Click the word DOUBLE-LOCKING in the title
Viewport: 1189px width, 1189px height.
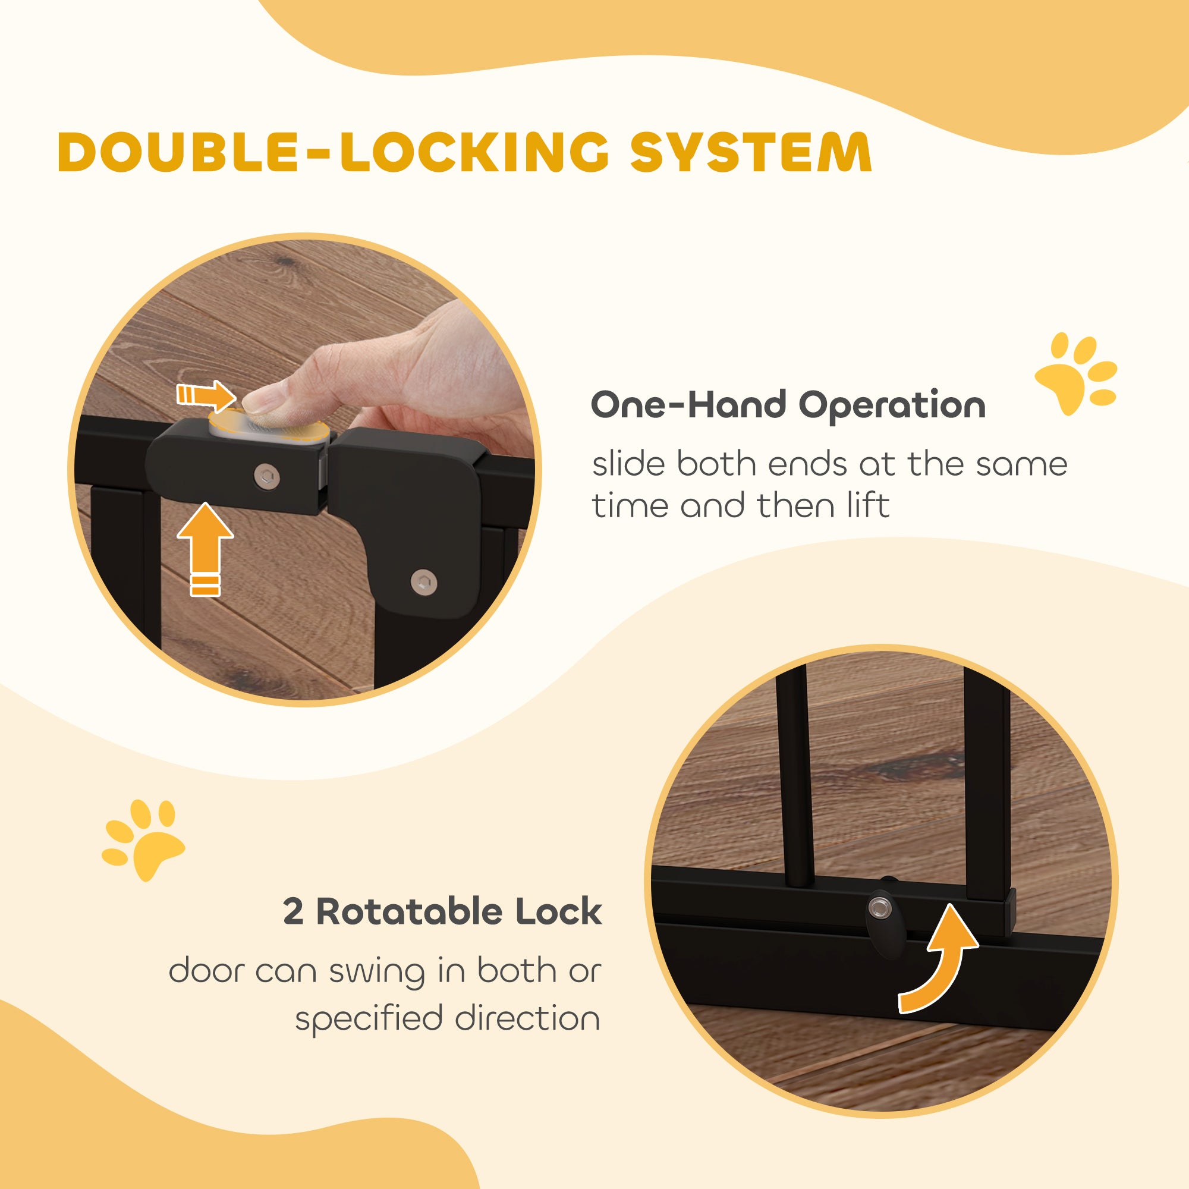333,152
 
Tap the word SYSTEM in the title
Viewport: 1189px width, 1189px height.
751,152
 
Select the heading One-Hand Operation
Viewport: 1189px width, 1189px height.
788,405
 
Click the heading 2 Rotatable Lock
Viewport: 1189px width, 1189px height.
442,911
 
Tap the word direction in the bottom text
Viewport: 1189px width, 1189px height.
527,1018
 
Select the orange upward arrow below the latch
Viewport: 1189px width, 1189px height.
206,548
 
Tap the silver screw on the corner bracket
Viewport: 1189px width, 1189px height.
423,581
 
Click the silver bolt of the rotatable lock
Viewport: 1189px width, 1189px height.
878,907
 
